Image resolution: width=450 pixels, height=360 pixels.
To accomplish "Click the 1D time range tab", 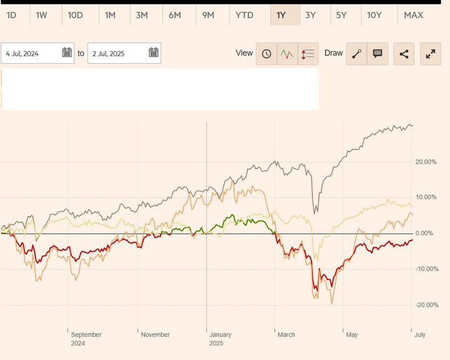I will pos(11,15).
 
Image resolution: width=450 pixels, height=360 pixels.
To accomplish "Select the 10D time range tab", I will pos(75,15).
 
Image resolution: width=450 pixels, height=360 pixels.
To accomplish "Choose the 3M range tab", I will pos(142,15).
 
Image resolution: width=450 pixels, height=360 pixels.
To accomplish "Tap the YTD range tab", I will pos(244,15).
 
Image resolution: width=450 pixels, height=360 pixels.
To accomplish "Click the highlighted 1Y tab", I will pos(281,15).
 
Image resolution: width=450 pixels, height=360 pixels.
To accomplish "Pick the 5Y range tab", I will pos(341,15).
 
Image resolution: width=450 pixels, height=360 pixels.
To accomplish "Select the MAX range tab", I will pos(414,15).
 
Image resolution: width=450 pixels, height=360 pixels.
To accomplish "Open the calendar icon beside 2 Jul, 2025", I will pos(153,53).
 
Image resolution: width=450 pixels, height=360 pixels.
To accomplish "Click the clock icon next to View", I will pos(266,54).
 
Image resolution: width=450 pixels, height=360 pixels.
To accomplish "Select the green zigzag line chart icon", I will pos(287,54).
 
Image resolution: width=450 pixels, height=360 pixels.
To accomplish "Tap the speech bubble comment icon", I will pos(377,54).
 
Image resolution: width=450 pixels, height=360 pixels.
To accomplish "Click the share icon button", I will pos(404,54).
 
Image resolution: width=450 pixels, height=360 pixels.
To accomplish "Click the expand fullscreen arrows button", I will pos(431,54).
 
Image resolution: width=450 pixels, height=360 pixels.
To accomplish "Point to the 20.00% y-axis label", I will pos(425,162).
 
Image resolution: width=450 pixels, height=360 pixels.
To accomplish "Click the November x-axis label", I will pos(155,335).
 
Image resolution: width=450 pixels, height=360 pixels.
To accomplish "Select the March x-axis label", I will pos(286,335).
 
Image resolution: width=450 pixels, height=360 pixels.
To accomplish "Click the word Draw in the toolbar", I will pos(334,53).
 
